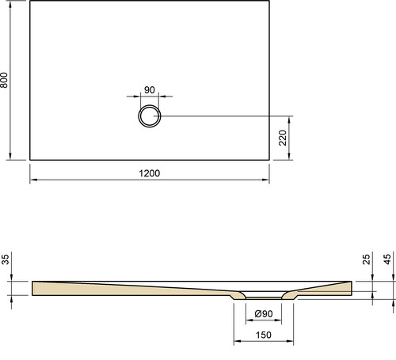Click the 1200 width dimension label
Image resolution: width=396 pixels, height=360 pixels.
(150, 173)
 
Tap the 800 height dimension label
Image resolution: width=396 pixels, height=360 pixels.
(5, 80)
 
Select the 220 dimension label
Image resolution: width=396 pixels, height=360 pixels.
(283, 138)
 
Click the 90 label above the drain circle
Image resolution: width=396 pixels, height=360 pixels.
(150, 90)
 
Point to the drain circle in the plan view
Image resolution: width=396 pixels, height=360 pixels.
(150, 105)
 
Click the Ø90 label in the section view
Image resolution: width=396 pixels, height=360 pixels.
(264, 314)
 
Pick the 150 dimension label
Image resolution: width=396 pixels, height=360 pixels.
(264, 335)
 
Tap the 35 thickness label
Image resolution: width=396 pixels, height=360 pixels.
(6, 260)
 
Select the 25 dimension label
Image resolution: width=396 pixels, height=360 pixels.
(367, 260)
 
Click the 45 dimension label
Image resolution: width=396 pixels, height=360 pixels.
(387, 260)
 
